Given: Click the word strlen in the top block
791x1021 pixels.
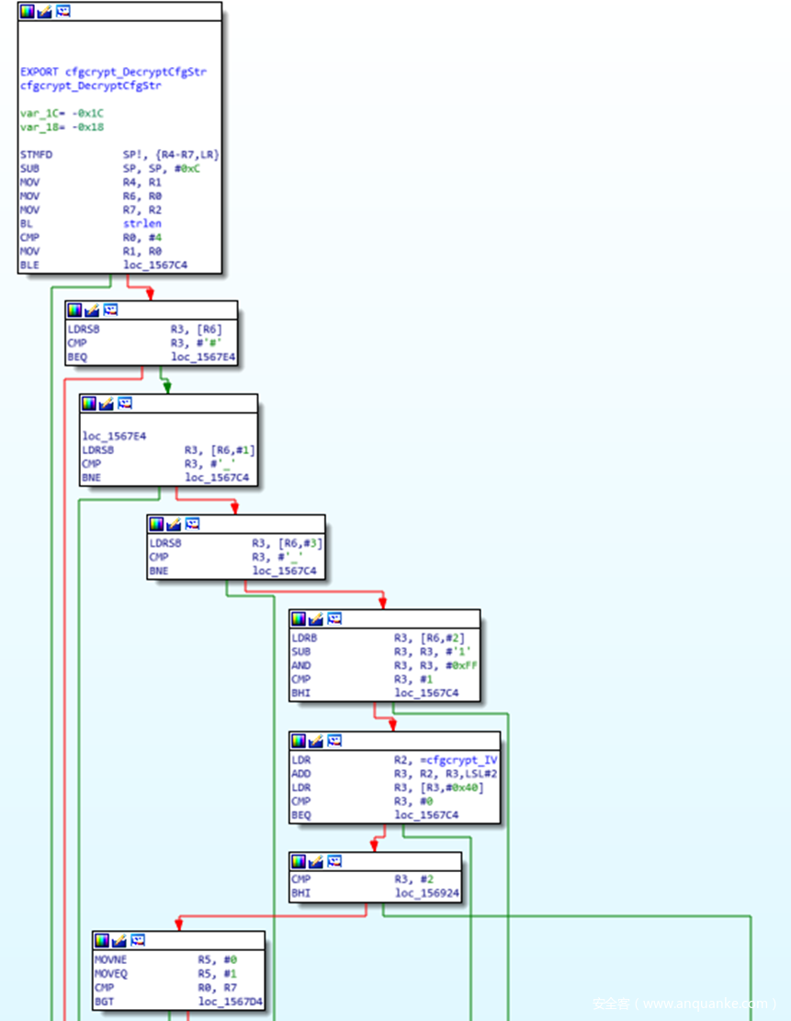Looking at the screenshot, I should pyautogui.click(x=141, y=223).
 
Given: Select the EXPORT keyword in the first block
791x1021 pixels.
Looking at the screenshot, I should pyautogui.click(x=40, y=71).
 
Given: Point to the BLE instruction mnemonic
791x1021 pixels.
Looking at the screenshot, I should pyautogui.click(x=30, y=266).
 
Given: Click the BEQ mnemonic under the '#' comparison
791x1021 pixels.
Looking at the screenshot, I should pyautogui.click(x=77, y=357).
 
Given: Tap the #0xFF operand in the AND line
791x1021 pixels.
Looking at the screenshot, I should pyautogui.click(x=450, y=664).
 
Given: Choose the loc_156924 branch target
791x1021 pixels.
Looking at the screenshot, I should pyautogui.click(x=427, y=892).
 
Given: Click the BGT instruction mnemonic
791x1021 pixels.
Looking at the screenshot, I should pyautogui.click(x=105, y=1001).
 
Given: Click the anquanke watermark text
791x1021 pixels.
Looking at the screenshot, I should pyautogui.click(x=684, y=1004).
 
